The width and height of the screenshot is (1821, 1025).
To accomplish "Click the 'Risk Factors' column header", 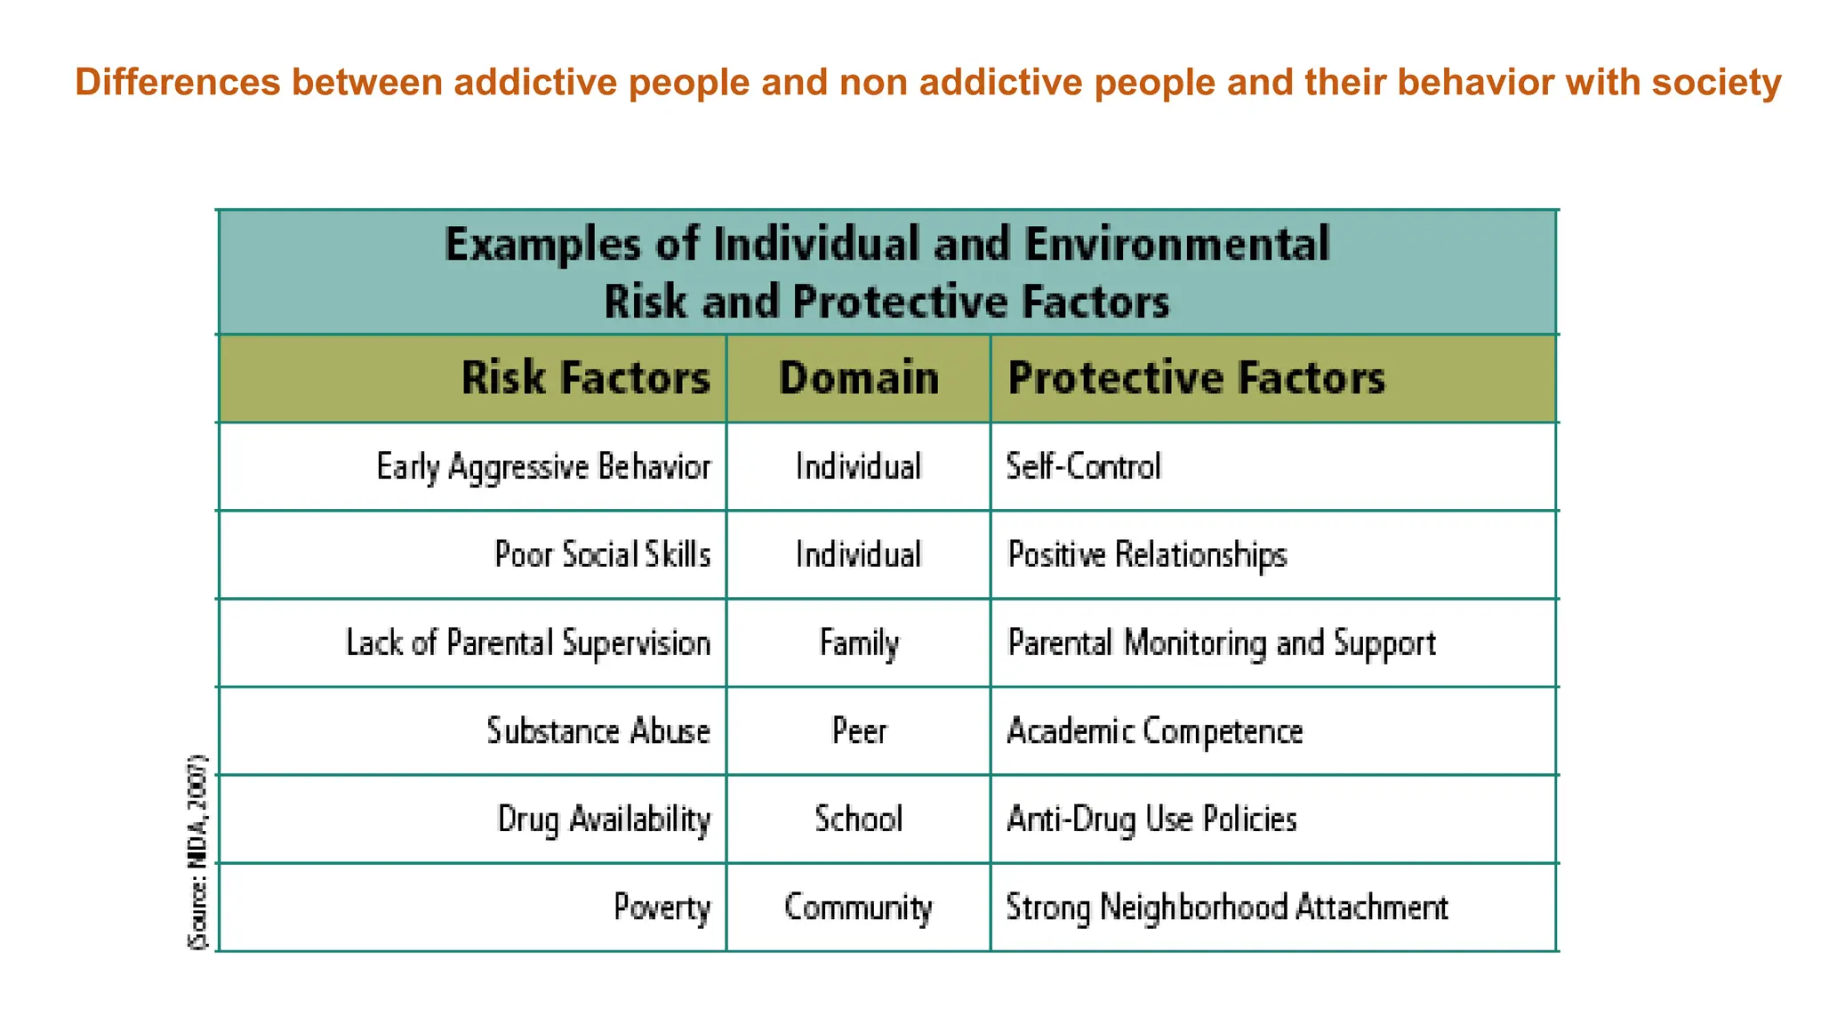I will click(585, 378).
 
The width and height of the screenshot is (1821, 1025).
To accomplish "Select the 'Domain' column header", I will click(859, 378).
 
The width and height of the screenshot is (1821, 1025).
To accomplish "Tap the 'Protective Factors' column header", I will click(1196, 378).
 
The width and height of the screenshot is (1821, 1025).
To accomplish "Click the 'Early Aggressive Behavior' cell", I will click(543, 466).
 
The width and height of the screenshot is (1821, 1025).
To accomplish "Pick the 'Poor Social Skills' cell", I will click(602, 554).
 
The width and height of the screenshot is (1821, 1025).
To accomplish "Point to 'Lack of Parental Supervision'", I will click(528, 642).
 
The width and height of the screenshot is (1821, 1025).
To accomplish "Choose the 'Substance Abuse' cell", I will click(598, 730).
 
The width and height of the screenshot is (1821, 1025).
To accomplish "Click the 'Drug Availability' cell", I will click(604, 819).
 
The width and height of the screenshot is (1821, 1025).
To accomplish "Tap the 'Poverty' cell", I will click(662, 908).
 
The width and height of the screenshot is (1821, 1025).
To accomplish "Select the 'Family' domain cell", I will click(859, 642).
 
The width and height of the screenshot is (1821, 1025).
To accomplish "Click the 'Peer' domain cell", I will click(859, 730).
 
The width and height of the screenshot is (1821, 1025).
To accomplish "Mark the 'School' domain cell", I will click(859, 819).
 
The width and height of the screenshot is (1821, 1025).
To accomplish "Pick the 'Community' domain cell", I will click(859, 908).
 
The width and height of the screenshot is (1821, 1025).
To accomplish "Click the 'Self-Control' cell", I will click(1083, 466).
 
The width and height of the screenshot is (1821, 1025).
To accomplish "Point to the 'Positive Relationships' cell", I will click(1147, 554).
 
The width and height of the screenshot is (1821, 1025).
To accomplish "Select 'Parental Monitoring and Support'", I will click(1221, 642).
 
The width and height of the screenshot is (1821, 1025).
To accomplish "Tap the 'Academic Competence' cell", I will click(1154, 730).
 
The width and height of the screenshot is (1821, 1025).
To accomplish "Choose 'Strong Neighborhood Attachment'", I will click(1227, 908).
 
